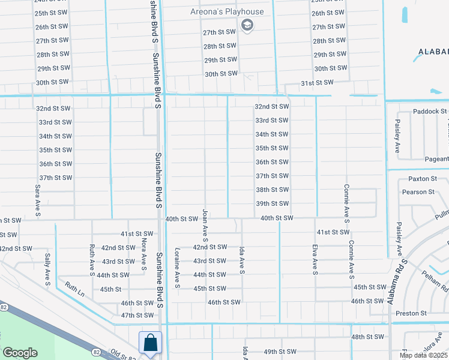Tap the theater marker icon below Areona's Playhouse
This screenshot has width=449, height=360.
click(x=247, y=25)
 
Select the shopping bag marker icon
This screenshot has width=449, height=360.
click(x=149, y=343)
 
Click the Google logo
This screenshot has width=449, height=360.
click(x=20, y=353)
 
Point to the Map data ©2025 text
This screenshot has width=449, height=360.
click(x=423, y=355)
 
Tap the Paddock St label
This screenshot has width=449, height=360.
click(x=430, y=112)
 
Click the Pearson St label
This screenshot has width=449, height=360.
click(x=419, y=192)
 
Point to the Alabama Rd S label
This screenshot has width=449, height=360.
click(x=397, y=281)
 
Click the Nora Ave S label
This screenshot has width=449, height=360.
click(x=144, y=256)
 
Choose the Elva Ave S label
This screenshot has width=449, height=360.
click(x=315, y=260)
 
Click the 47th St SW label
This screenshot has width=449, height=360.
click(x=137, y=315)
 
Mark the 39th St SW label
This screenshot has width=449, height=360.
click(x=273, y=203)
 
